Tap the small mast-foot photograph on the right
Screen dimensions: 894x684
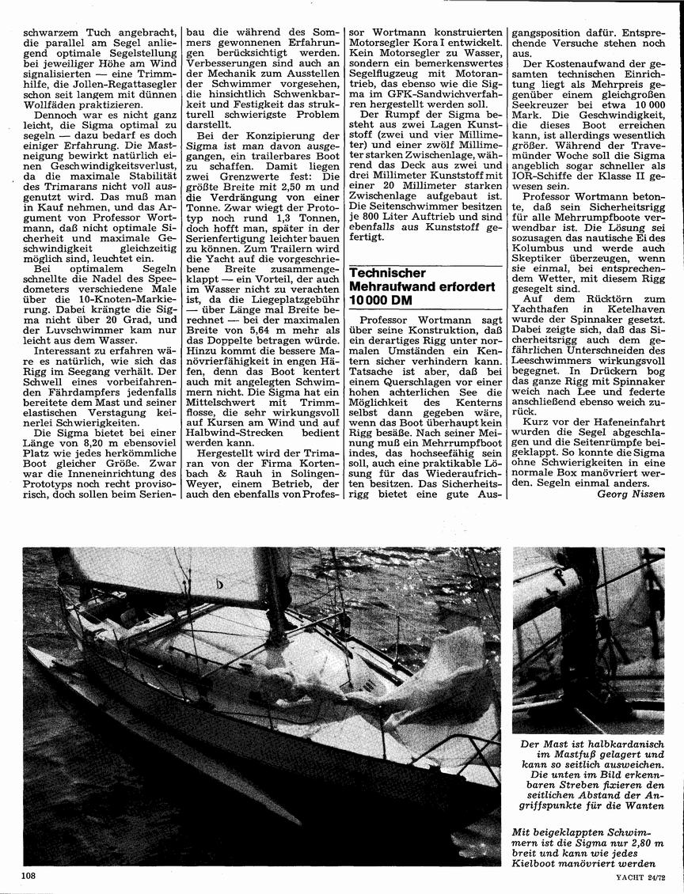[x=587, y=640]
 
